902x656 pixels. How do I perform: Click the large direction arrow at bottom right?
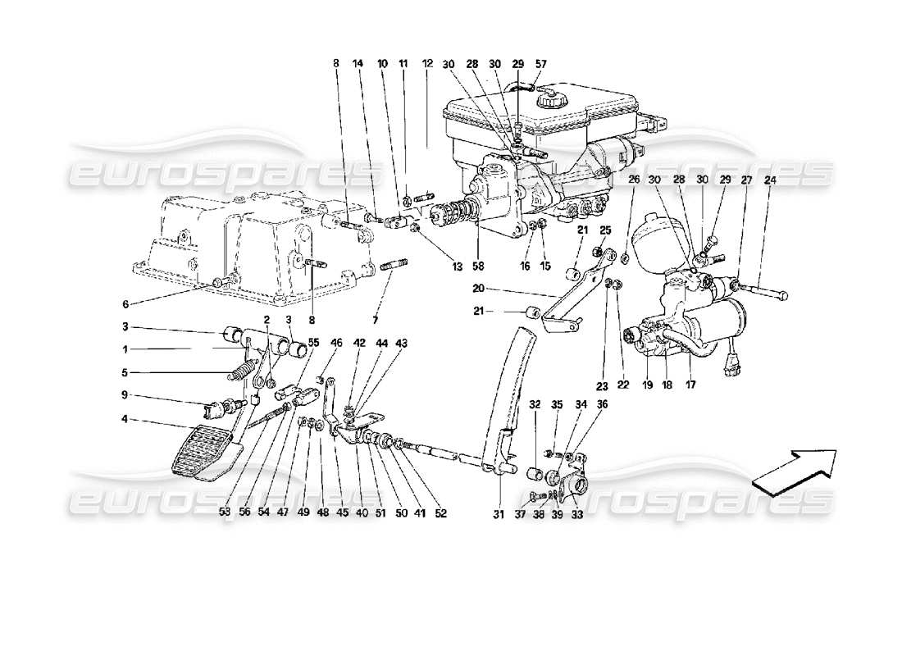tap(794, 472)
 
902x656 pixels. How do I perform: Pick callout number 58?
tap(479, 266)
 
